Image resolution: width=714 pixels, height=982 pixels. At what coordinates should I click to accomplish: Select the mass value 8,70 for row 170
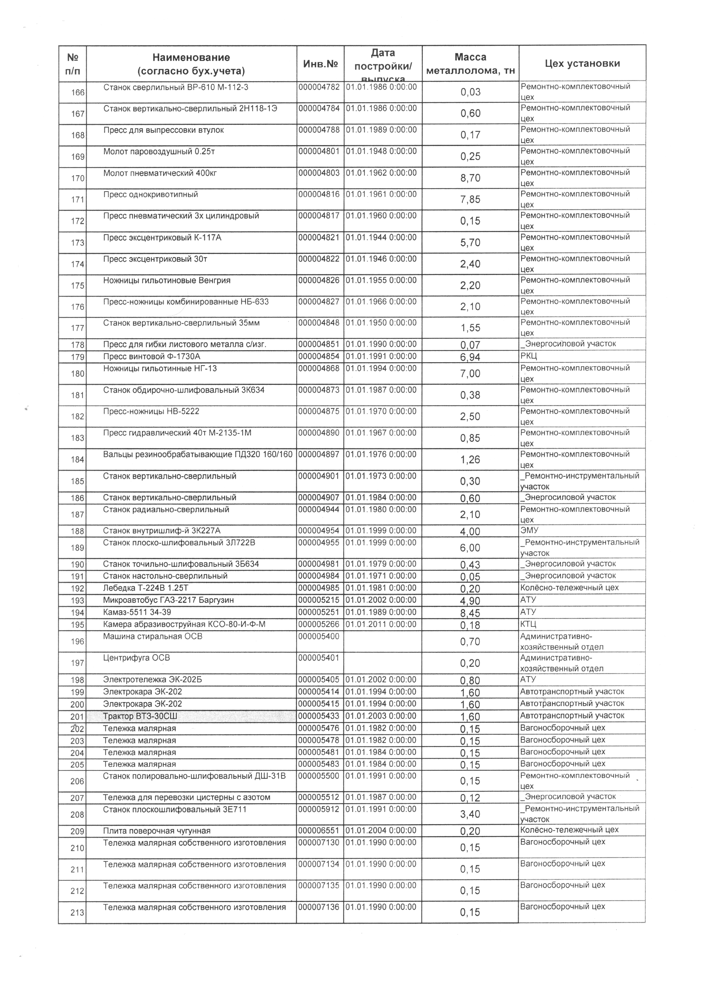470,178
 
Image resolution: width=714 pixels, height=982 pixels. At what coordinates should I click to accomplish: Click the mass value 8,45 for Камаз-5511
470,613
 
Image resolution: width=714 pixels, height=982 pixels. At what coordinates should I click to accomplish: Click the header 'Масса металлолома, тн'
470,64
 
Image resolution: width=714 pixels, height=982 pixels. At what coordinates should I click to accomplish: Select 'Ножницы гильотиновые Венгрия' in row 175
167,281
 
